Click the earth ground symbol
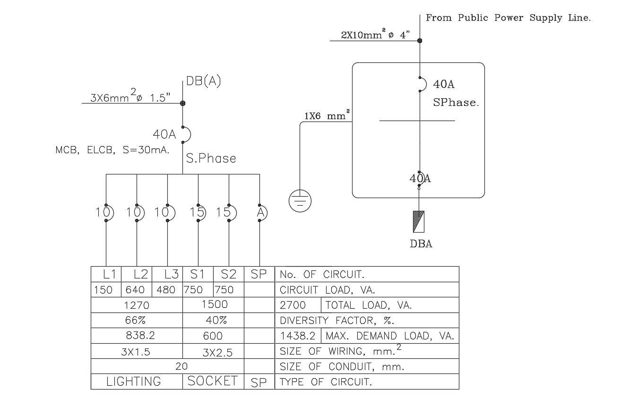tap(300, 200)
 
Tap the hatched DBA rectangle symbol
tap(418, 222)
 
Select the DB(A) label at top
tap(203, 81)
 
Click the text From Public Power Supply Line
tap(508, 18)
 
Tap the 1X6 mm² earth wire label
tap(327, 116)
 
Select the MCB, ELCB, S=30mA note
tap(112, 150)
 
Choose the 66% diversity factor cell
tap(136, 320)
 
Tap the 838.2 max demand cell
tap(140, 336)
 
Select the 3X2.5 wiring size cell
tap(217, 352)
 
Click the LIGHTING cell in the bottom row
tap(133, 382)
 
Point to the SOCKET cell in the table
tap(212, 381)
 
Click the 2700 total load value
tap(293, 305)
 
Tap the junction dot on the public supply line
tap(420, 41)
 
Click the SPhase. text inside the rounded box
tap(456, 103)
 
